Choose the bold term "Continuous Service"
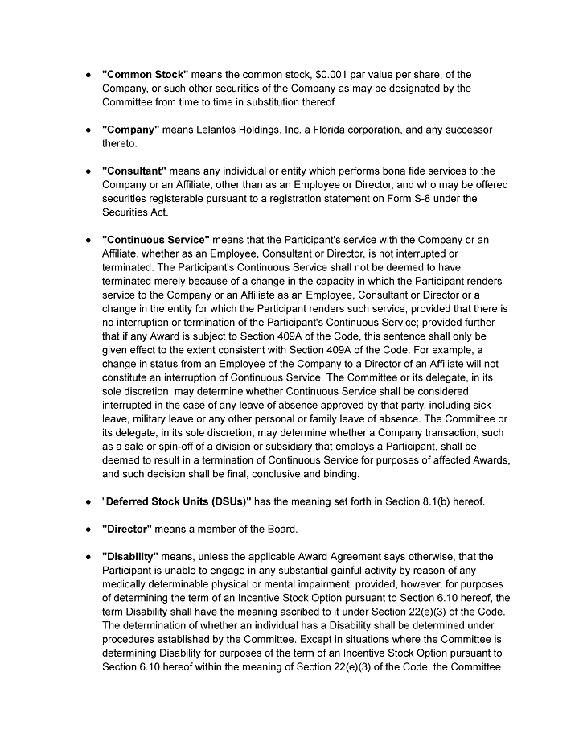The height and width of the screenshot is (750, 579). coord(156,240)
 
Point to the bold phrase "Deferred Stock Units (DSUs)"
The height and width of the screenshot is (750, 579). coord(177,502)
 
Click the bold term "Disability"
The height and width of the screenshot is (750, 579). coord(130,557)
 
